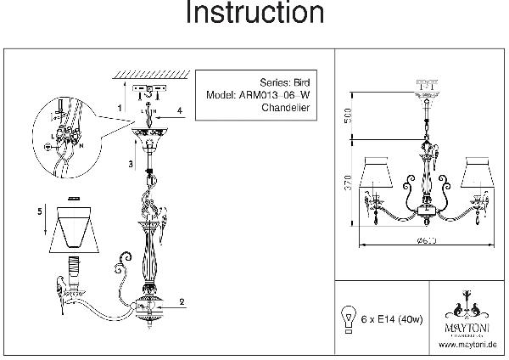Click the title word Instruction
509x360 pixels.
tap(255, 14)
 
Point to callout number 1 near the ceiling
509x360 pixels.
tap(120, 108)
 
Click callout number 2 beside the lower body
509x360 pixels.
tap(182, 301)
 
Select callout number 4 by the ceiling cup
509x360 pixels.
tap(180, 110)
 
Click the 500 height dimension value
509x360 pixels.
tap(347, 116)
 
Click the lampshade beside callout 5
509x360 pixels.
tap(79, 227)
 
